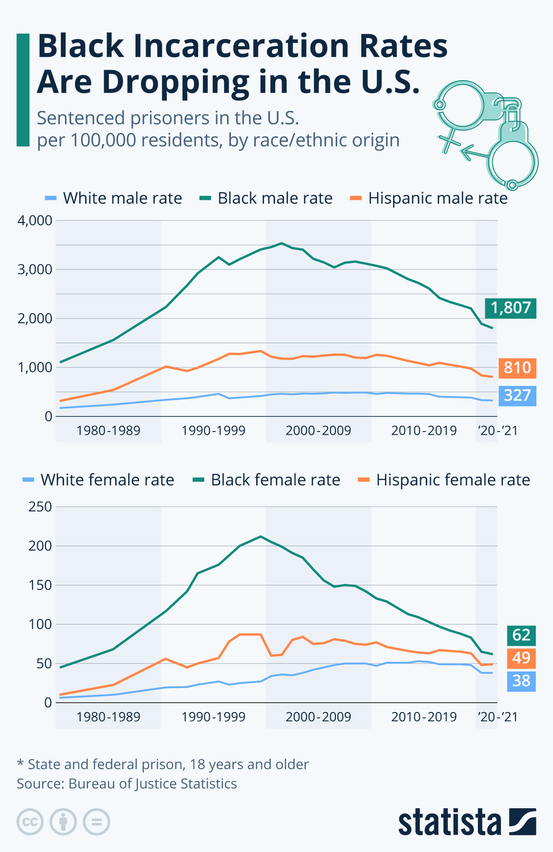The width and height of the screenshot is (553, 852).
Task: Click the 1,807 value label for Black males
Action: pos(511,308)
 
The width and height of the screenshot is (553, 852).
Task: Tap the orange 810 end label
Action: pos(517,368)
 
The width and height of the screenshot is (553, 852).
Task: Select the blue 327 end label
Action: pos(517,396)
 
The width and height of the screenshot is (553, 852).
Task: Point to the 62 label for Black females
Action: pos(521,635)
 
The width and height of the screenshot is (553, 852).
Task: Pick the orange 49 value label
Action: pos(521,658)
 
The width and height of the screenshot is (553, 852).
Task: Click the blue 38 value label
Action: pos(521,681)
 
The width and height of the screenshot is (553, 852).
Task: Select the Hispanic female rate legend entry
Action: pos(444,480)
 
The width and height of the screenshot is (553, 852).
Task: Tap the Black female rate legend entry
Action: pos(267,480)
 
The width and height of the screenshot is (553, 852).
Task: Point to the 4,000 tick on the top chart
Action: pos(35,221)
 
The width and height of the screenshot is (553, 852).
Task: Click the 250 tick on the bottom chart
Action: pos(40,507)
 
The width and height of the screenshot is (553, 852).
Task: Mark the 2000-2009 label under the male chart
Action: pos(318,431)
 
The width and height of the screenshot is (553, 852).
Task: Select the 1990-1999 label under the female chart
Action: pos(213,717)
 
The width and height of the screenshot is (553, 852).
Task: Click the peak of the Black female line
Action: pos(261,537)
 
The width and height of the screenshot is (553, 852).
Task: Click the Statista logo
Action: pos(467,822)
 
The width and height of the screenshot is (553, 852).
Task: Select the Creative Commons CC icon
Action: pos(30,822)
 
